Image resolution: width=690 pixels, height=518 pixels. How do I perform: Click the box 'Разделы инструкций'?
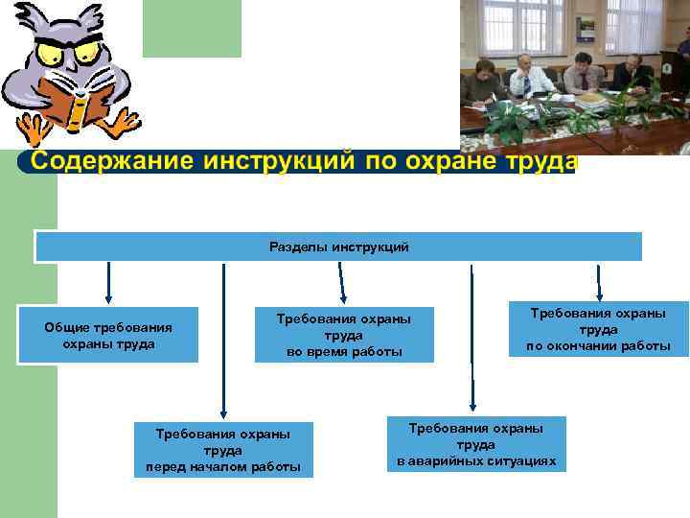point(338,247)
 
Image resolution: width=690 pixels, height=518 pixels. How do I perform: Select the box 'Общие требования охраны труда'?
point(108,335)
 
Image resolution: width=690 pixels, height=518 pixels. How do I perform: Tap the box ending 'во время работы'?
point(344,335)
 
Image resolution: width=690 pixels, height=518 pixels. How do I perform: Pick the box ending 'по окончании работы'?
point(598,329)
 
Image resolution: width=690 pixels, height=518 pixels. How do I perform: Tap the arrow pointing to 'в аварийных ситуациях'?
point(471,336)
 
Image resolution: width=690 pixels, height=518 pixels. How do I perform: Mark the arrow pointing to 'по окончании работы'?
point(599,281)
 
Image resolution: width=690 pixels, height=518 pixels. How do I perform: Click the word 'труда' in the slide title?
point(540,160)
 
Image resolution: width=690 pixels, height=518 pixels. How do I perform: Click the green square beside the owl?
point(192,29)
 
